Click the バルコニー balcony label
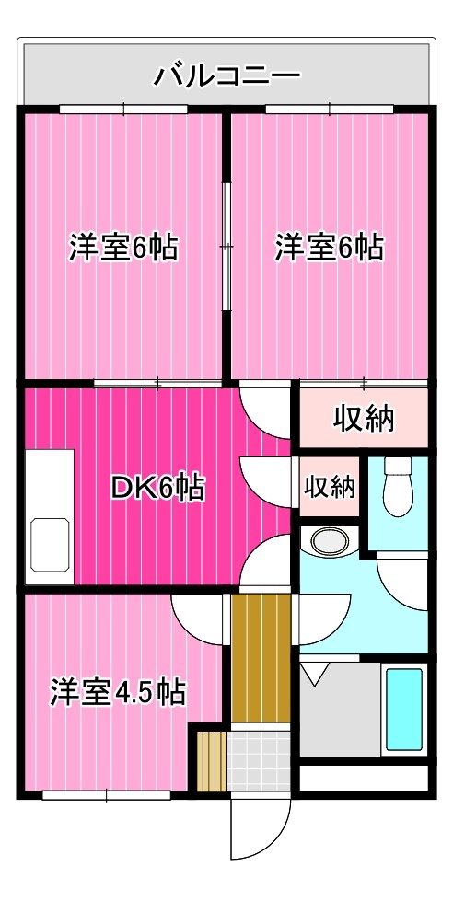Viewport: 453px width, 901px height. click(226, 74)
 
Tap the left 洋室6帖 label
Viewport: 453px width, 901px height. click(123, 248)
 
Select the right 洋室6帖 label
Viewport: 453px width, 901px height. click(330, 248)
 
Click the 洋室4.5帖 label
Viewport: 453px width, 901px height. click(117, 691)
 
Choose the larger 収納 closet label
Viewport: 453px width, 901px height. click(363, 419)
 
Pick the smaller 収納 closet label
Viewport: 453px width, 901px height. click(330, 486)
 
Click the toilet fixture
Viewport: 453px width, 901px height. click(399, 488)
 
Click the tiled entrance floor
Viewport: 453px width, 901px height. click(260, 759)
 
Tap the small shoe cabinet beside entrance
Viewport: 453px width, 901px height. click(211, 759)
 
